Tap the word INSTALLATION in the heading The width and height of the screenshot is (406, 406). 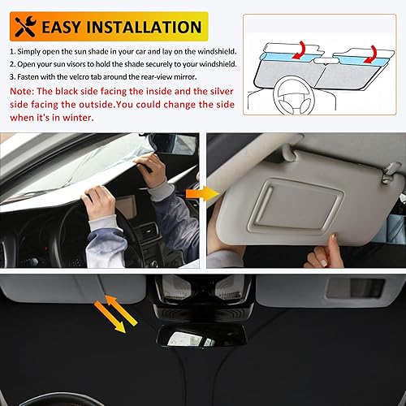point(150,27)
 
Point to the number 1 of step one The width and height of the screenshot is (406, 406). point(12,51)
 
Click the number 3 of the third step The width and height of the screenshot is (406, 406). point(12,77)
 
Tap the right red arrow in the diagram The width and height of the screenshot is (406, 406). point(370,54)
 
